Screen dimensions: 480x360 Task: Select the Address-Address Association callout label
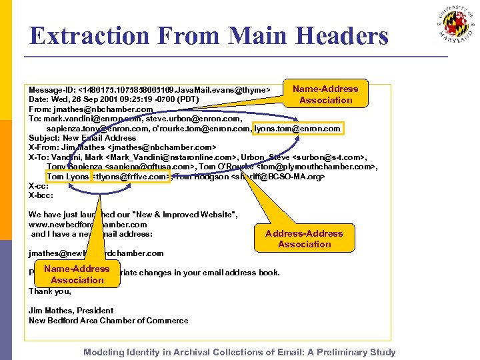(x=304, y=239)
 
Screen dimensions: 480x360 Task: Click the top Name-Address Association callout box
(x=325, y=94)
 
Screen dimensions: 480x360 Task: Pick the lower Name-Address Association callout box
(x=77, y=274)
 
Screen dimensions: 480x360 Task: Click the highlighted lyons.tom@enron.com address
(x=298, y=128)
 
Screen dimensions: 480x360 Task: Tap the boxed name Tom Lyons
(x=67, y=177)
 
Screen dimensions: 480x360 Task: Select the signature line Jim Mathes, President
(x=71, y=310)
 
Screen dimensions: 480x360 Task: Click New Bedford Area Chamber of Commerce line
(x=108, y=320)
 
